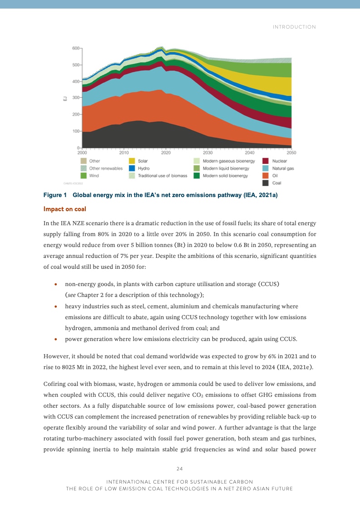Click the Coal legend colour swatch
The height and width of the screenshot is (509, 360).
[x=266, y=183]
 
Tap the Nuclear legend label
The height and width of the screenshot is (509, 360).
[x=279, y=161]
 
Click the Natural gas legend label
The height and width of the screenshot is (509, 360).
[x=282, y=168]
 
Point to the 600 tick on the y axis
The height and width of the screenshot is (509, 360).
[x=76, y=48]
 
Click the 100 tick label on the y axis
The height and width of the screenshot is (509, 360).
[x=76, y=131]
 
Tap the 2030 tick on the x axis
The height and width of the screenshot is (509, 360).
[x=208, y=153]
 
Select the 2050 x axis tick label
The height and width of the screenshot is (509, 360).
[x=291, y=153]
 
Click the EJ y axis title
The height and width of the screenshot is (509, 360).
[x=65, y=98]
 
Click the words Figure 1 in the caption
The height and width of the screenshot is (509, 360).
[x=55, y=195]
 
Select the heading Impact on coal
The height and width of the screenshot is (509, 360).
[x=64, y=209]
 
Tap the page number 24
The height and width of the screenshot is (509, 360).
[x=180, y=468]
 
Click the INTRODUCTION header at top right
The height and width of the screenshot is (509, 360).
[x=294, y=27]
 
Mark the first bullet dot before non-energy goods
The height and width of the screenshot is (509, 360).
[x=55, y=284]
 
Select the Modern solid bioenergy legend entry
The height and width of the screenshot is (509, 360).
[x=225, y=176]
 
